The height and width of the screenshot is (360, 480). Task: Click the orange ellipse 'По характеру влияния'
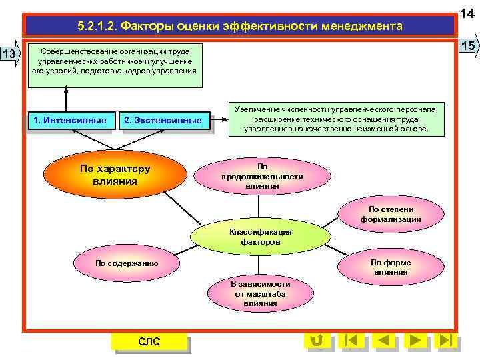point(115,175)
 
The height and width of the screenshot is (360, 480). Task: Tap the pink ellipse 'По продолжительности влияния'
point(262,177)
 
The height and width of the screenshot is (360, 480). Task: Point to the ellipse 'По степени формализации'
point(391,214)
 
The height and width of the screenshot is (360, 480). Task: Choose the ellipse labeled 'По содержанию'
point(127,263)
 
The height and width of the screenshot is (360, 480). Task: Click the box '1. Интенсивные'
point(70,121)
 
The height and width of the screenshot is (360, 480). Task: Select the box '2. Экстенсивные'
point(163,121)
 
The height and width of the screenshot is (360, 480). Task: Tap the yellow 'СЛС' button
point(149,342)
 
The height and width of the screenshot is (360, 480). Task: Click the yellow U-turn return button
point(317,341)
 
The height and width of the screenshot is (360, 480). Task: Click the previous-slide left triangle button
point(383,341)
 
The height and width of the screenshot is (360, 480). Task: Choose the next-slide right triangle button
point(415,341)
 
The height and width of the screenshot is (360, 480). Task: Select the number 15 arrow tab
point(468,46)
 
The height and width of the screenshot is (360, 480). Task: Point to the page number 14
point(468,11)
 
